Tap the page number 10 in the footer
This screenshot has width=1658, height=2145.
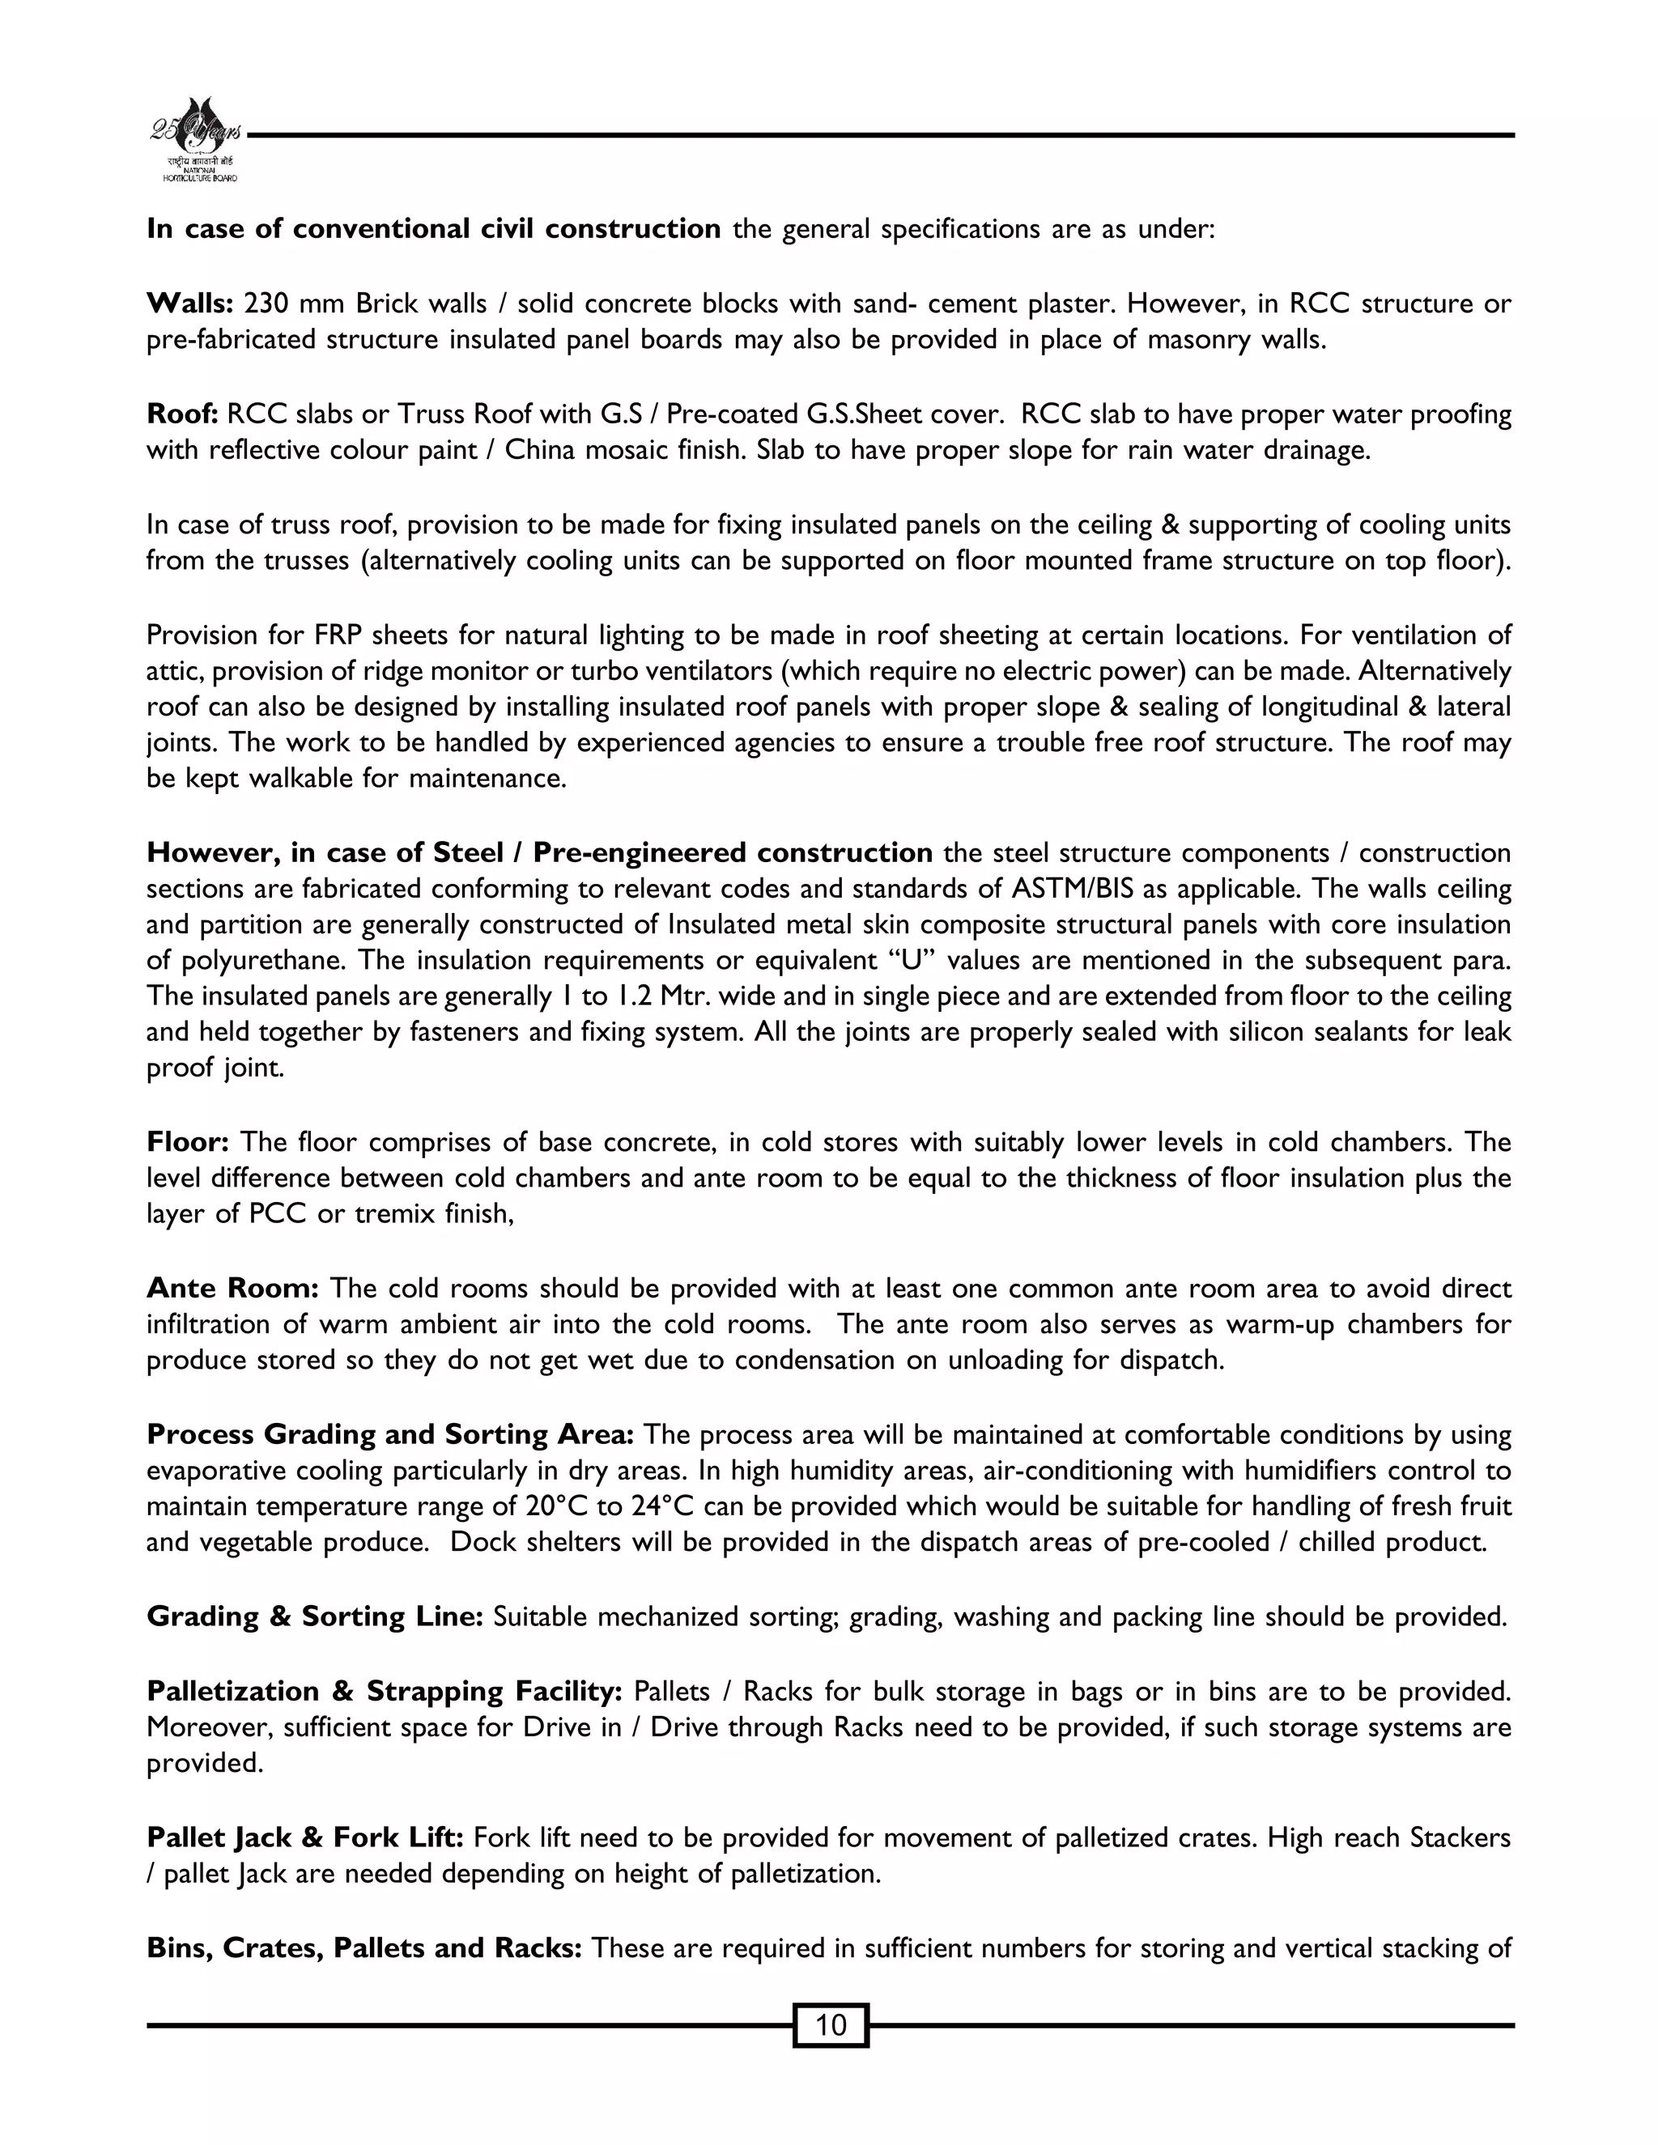point(830,2024)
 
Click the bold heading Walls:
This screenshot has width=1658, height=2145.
point(189,304)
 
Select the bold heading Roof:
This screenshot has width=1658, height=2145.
point(181,414)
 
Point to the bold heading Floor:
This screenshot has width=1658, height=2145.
point(188,1142)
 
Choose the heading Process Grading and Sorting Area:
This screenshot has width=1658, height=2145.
point(390,1434)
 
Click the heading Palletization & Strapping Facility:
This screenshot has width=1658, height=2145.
point(384,1690)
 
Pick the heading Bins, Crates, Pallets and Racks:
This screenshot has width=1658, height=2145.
point(364,1947)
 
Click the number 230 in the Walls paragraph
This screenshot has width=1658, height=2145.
point(264,304)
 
